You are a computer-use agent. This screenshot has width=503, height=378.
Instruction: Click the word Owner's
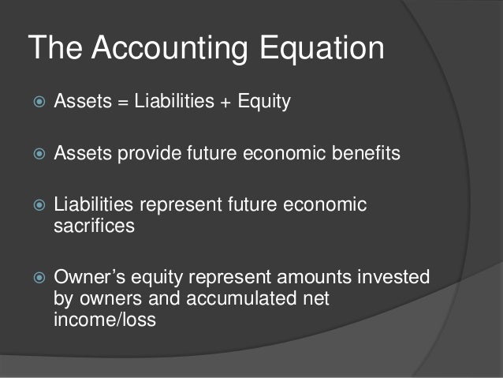coord(89,278)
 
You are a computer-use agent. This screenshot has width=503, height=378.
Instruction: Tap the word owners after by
coord(109,300)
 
